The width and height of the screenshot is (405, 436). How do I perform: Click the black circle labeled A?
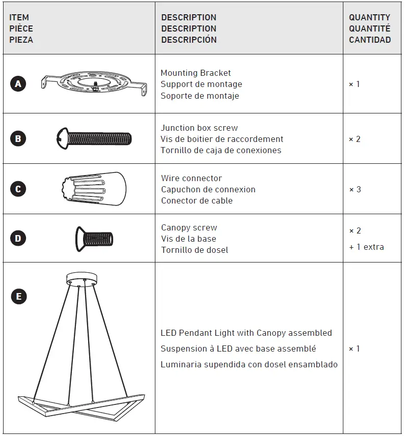(18, 84)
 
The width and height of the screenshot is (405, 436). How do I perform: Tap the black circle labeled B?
(18, 138)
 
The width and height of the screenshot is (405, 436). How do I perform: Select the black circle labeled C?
(18, 189)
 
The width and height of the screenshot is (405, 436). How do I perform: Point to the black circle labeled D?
(18, 238)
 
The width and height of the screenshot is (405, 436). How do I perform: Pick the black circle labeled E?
(19, 296)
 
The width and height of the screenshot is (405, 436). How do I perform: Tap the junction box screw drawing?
(94, 138)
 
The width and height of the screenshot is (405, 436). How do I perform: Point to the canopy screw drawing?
(94, 239)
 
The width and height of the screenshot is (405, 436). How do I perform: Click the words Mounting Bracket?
(196, 73)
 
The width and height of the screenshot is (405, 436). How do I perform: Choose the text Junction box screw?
(199, 128)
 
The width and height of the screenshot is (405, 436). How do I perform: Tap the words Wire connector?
(192, 179)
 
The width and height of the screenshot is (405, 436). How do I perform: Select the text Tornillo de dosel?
(195, 250)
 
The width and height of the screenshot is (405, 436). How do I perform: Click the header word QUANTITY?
(369, 17)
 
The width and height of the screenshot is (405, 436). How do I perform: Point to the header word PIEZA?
(21, 40)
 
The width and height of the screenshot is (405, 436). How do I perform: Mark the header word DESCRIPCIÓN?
(189, 40)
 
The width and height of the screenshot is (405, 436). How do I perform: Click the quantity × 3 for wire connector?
(355, 190)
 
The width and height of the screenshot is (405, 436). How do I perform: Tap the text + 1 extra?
(366, 247)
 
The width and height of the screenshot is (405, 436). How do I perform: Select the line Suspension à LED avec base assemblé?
(238, 349)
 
